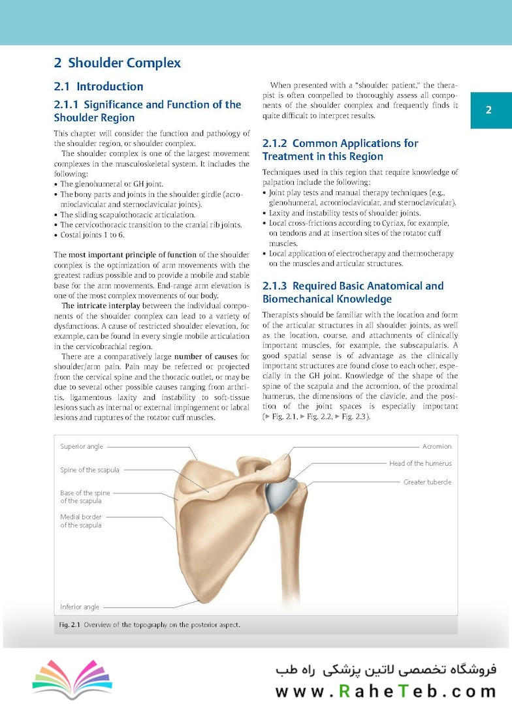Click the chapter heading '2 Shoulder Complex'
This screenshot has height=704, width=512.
[118, 63]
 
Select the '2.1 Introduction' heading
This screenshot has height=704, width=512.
[99, 86]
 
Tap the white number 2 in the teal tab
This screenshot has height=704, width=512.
[488, 110]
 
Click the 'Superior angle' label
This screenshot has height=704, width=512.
[81, 447]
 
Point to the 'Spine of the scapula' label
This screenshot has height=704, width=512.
[89, 470]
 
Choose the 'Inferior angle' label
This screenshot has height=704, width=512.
[80, 607]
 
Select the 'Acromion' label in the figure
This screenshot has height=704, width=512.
[436, 447]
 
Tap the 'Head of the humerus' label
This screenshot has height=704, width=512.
[420, 463]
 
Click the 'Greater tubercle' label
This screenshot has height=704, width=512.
[427, 482]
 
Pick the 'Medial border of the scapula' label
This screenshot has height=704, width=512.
[81, 521]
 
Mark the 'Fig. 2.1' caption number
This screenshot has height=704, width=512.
[69, 625]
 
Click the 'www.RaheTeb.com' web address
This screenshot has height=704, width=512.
[386, 691]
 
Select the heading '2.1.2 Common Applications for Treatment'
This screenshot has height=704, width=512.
[340, 149]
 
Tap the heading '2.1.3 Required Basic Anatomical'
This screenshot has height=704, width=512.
[353, 292]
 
